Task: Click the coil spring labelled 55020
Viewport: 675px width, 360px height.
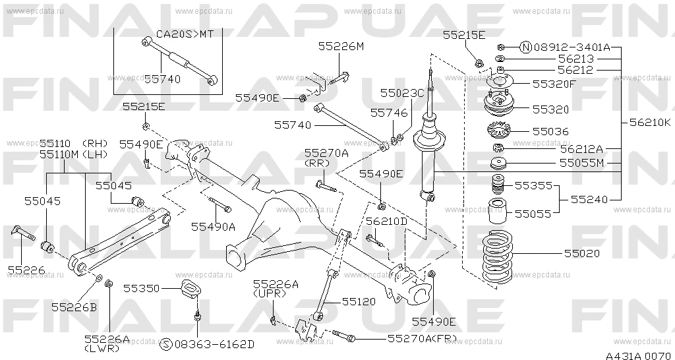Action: pyautogui.click(x=497, y=258)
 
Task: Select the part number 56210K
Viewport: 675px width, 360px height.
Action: pyautogui.click(x=650, y=123)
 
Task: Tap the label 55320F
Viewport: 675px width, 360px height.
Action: pyautogui.click(x=554, y=84)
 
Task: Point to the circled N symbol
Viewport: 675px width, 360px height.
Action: pyautogui.click(x=525, y=47)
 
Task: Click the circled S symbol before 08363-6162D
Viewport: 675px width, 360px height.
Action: pyautogui.click(x=165, y=344)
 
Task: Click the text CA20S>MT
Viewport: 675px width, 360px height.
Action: pyautogui.click(x=185, y=34)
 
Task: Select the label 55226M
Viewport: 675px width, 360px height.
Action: pyautogui.click(x=341, y=47)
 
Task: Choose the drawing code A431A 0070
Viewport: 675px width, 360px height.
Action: pyautogui.click(x=638, y=355)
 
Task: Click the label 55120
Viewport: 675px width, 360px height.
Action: pyautogui.click(x=359, y=302)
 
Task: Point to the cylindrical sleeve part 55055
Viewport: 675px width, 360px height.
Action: pyautogui.click(x=497, y=210)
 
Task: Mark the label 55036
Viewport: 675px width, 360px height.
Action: pyautogui.click(x=550, y=131)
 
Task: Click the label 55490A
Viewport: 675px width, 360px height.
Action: pyautogui.click(x=213, y=227)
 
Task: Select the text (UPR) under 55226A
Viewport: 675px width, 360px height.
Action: pyautogui.click(x=270, y=293)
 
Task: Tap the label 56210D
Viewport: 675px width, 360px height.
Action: pyautogui.click(x=386, y=222)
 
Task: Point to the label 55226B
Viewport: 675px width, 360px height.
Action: pyautogui.click(x=74, y=307)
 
